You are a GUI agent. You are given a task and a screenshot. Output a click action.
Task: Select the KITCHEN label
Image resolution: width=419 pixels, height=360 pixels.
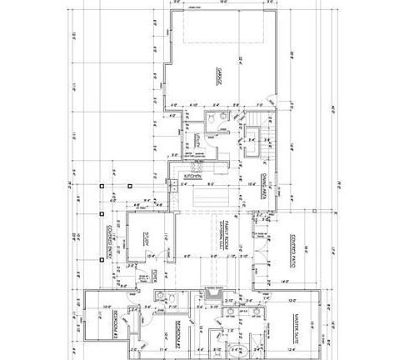tap(193, 177)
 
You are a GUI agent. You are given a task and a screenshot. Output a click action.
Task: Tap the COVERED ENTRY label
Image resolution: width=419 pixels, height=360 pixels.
tap(107, 242)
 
